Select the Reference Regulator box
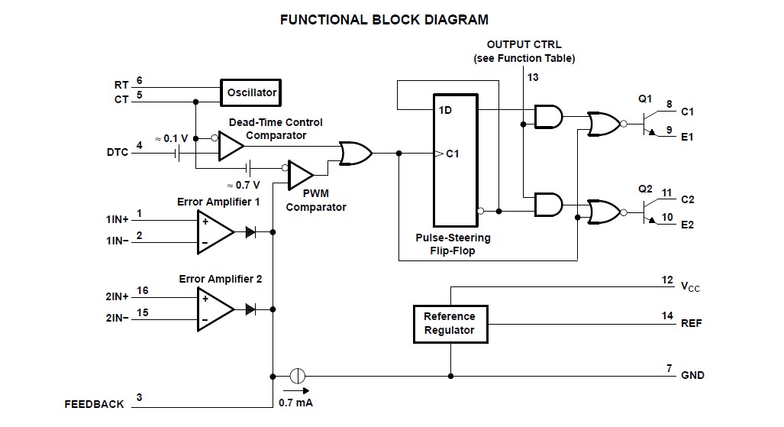point(449,323)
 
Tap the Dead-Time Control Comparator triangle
point(230,146)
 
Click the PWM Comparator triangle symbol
point(300,175)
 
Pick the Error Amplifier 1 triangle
point(215,230)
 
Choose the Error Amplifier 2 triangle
point(215,309)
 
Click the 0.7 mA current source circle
point(298,376)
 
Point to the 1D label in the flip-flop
point(446,110)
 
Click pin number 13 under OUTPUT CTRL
point(532,77)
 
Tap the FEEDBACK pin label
point(94,404)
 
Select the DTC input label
point(118,152)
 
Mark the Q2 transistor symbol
point(649,210)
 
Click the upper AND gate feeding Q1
point(548,116)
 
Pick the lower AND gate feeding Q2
point(548,204)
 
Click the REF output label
point(691,323)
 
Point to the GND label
point(692,375)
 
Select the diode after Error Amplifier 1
point(250,230)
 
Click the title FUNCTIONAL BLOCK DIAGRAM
point(384,20)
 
